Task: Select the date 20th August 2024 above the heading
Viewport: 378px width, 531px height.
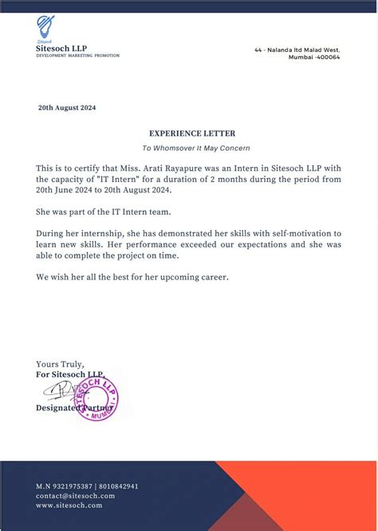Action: [67, 108]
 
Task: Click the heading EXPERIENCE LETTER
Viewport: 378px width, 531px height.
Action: [192, 133]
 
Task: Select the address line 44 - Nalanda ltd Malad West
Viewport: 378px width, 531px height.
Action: [297, 50]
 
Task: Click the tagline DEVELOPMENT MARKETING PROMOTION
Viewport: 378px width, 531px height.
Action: [77, 56]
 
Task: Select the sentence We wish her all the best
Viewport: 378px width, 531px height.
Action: [132, 276]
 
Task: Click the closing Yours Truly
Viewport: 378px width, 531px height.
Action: [60, 365]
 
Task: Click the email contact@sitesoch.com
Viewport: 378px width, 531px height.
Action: [75, 496]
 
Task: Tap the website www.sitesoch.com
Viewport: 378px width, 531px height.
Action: [69, 505]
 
